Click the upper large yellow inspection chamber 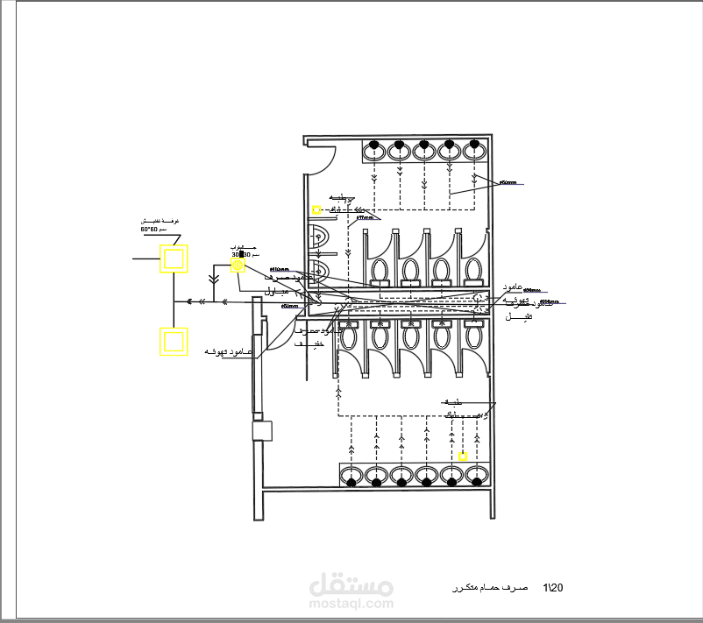(172, 259)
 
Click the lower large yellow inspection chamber (172, 341)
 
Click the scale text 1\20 (554, 586)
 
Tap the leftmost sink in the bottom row (351, 476)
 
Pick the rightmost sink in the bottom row (477, 476)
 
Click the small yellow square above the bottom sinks (463, 457)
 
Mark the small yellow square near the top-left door (316, 209)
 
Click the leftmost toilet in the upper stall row (380, 271)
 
